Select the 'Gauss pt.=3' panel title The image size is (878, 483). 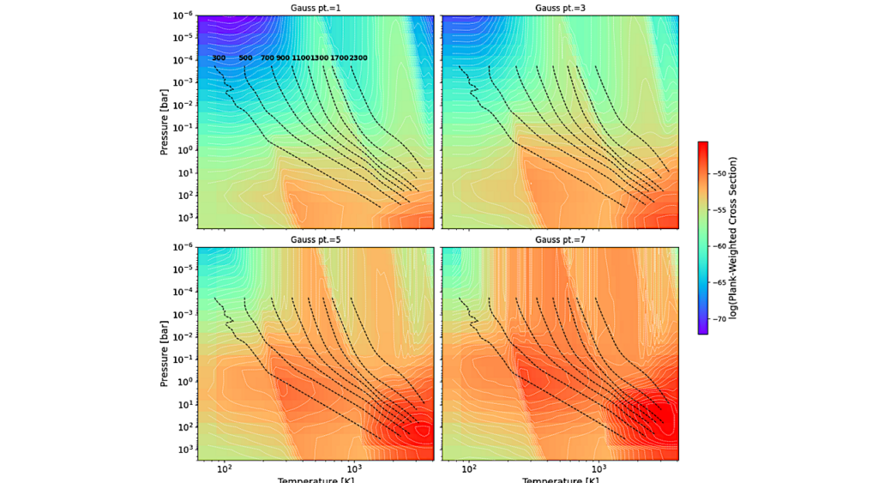click(560, 9)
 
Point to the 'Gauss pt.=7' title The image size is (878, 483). click(560, 241)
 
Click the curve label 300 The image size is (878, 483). click(219, 58)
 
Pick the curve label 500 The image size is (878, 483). click(245, 58)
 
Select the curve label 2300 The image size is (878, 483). click(358, 58)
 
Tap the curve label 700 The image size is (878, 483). click(268, 58)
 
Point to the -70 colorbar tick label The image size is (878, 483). click(719, 318)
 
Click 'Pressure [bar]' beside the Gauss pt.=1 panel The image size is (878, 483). click(164, 123)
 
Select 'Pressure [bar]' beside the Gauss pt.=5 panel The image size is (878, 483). click(164, 354)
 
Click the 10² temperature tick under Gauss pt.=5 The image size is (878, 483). click(225, 468)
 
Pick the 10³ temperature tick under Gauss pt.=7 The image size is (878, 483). click(599, 468)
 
